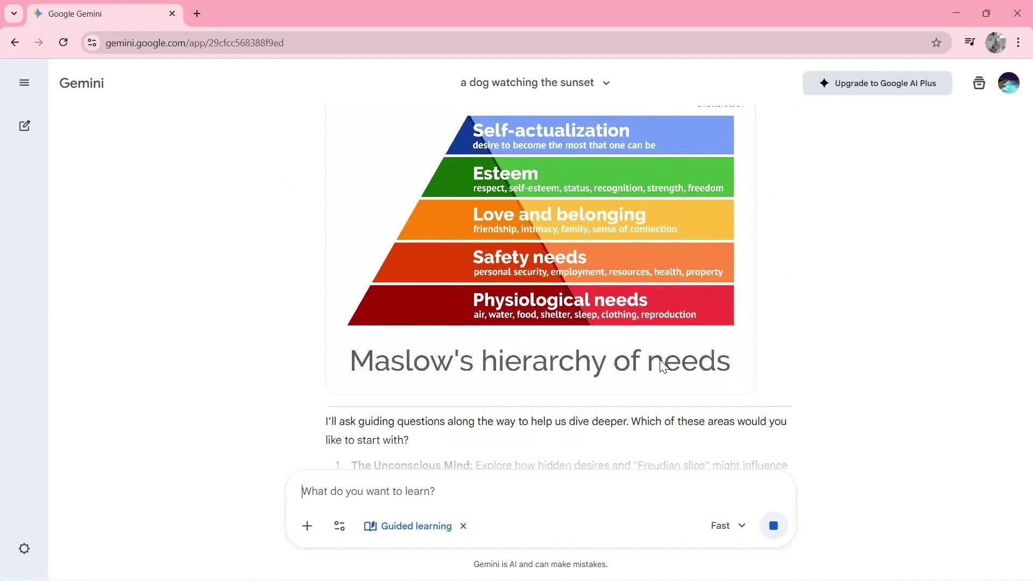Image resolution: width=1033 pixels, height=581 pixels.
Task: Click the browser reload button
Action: coord(63,42)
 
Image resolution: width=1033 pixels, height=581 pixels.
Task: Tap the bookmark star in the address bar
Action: coord(936,42)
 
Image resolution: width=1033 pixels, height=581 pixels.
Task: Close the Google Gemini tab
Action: coord(172,13)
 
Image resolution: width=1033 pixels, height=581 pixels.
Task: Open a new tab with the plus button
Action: coord(197,13)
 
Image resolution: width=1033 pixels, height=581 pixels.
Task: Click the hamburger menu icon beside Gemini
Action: coord(24,83)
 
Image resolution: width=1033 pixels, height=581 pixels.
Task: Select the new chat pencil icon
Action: coord(24,126)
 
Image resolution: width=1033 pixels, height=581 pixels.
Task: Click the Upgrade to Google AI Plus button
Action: coord(877,83)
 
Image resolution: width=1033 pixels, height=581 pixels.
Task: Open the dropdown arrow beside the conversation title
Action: coord(606,83)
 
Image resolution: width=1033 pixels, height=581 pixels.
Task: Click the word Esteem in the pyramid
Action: coord(505,173)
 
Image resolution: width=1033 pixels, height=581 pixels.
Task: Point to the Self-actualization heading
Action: coord(550,130)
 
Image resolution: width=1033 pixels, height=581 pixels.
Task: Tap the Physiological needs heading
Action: coord(560,300)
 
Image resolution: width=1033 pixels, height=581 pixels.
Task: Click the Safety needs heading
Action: coord(529,257)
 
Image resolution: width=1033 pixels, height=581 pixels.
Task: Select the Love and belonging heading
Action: coord(559,214)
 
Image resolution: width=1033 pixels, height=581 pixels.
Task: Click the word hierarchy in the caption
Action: coord(543,360)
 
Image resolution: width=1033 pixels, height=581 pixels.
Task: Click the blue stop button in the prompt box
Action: coord(773,526)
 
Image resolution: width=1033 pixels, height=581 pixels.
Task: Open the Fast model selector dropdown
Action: coord(728,526)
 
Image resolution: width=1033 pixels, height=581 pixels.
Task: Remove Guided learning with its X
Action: coord(463,526)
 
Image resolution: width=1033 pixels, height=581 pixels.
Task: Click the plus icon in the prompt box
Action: coord(307,526)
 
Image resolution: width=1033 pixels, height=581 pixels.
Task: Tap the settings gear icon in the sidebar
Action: coord(24,549)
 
